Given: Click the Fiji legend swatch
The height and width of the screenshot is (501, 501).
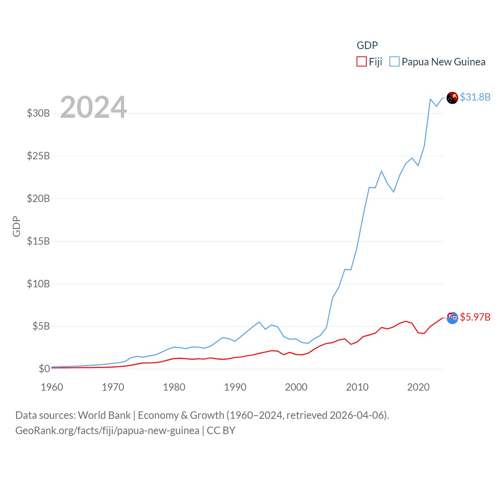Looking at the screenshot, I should point(361,62).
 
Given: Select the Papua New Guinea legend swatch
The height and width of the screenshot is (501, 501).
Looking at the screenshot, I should point(395,62).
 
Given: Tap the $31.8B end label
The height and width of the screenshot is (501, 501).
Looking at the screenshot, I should point(475,97).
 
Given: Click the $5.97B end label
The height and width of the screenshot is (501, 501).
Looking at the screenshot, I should point(475,317).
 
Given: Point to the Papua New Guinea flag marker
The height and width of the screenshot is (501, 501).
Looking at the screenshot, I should point(452,98).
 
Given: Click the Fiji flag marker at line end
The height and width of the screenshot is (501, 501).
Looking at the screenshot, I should point(452,318).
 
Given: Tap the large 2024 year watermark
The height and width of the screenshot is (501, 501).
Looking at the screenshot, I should point(93,107).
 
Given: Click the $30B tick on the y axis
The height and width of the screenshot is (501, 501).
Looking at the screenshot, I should point(38,114).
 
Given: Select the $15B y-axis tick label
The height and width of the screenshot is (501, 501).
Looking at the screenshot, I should point(38,241).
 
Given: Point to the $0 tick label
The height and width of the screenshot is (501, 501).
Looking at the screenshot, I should point(44,369).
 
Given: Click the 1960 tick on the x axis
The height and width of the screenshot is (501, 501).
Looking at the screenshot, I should point(52,387).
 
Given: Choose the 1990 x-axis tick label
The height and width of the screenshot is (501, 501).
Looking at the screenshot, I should point(235,387).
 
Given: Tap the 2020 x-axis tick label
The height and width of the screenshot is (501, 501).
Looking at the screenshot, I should point(418,387).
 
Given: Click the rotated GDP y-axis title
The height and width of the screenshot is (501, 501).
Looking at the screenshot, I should point(16,226).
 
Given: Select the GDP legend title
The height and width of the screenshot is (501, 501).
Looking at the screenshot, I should point(367,45).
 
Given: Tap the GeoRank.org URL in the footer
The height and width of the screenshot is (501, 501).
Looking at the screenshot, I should point(107,431).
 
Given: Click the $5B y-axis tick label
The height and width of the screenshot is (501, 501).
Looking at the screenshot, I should point(38,326).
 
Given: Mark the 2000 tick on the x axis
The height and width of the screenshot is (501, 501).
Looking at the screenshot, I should point(296,387).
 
